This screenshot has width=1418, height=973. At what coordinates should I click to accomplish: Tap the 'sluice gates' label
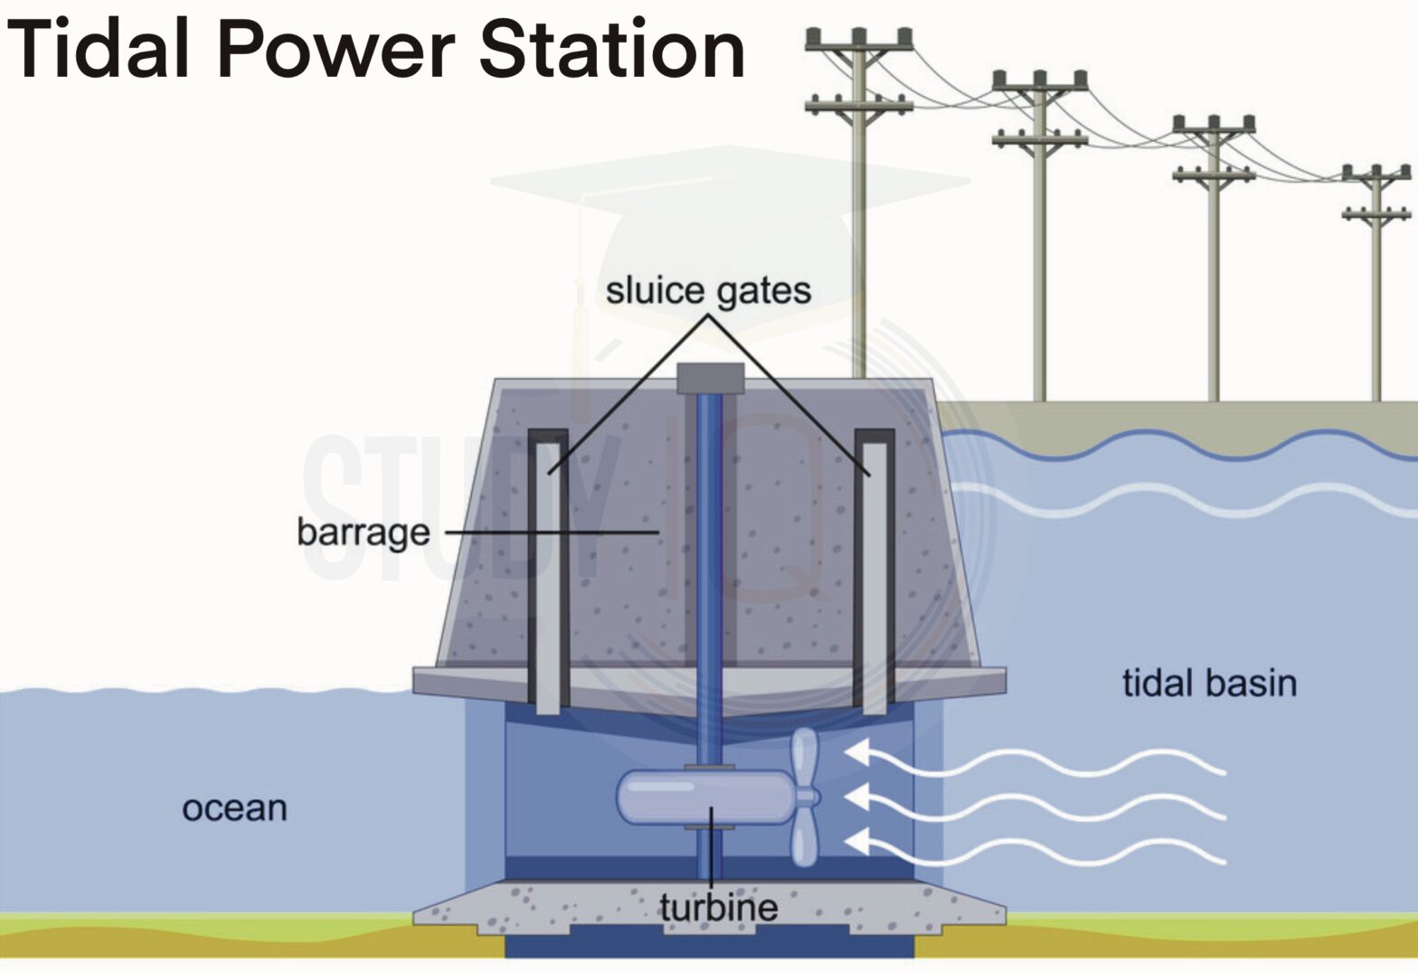[x=708, y=290]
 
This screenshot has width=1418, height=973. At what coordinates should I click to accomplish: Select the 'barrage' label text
[x=363, y=532]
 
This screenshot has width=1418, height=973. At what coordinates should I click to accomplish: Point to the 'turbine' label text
[x=718, y=907]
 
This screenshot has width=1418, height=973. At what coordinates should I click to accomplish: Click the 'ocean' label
[x=234, y=808]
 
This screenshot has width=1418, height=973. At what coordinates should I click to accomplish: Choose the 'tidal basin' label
[x=1209, y=682]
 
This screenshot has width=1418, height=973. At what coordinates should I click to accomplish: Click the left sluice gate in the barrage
[x=547, y=579]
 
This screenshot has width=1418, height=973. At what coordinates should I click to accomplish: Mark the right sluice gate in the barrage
[x=874, y=579]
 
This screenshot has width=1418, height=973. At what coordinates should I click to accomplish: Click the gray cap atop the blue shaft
[x=710, y=378]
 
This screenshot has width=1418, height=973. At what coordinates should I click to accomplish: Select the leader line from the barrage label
[x=552, y=532]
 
